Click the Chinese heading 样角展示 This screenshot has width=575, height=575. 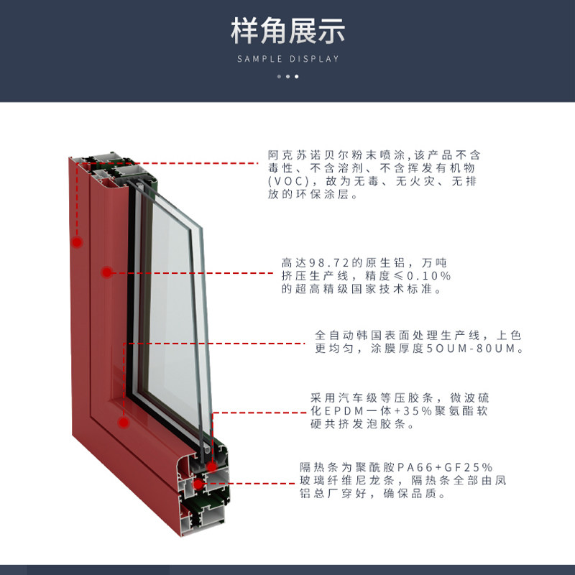tap(287, 31)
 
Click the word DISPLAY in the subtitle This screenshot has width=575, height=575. tap(314, 59)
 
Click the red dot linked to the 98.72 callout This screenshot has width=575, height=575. tap(106, 272)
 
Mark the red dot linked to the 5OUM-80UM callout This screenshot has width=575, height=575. tap(123, 423)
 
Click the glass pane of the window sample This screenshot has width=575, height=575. tap(169, 287)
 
